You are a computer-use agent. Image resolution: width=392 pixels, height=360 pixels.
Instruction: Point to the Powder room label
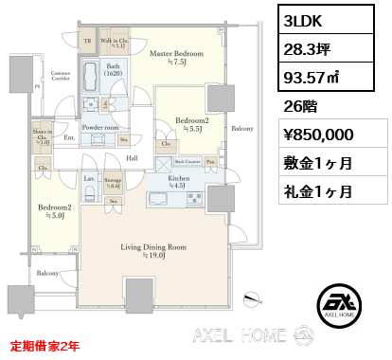click(x=98, y=126)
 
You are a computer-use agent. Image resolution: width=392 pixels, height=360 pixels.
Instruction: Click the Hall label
click(x=133, y=158)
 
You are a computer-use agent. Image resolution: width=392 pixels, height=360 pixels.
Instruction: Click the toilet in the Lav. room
click(x=88, y=192)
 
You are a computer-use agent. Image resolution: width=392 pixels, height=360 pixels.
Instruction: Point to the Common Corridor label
click(x=61, y=76)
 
